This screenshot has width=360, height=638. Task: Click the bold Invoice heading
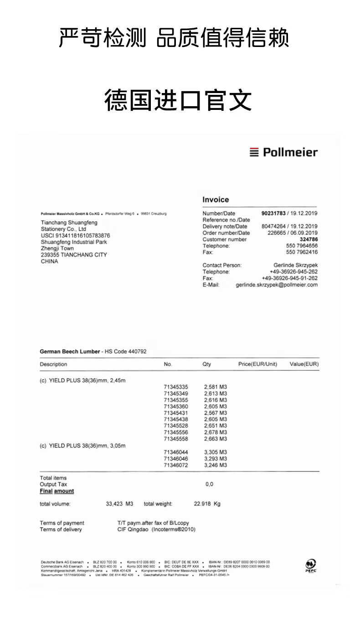(x=216, y=200)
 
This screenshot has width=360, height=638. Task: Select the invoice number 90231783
(x=273, y=213)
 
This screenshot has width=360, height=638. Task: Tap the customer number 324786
(x=309, y=239)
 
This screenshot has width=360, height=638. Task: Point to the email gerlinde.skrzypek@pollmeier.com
(x=277, y=285)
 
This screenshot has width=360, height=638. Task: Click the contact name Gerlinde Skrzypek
(x=295, y=265)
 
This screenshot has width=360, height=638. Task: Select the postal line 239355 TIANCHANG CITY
(x=74, y=255)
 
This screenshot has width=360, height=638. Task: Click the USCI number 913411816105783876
(x=75, y=235)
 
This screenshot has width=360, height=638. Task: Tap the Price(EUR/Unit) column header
(x=257, y=364)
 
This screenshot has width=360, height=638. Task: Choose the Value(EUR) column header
(x=304, y=364)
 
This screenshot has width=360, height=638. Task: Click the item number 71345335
(x=176, y=387)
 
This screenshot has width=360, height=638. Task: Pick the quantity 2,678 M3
(x=215, y=432)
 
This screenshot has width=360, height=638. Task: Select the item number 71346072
(x=176, y=465)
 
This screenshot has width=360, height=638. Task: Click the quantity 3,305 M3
(x=215, y=452)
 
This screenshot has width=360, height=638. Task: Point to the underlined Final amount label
(x=57, y=491)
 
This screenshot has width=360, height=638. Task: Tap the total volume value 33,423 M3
(x=119, y=504)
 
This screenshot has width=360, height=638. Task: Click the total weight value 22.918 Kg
(x=207, y=504)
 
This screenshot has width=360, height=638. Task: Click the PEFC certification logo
(x=311, y=565)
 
